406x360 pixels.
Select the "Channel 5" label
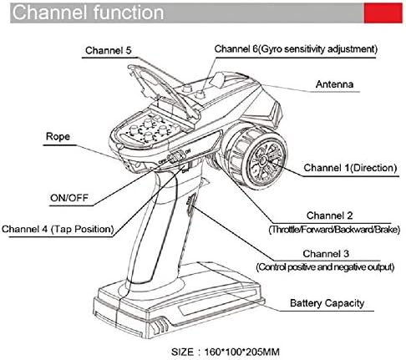(107, 50)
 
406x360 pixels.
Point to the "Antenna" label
(334, 85)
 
